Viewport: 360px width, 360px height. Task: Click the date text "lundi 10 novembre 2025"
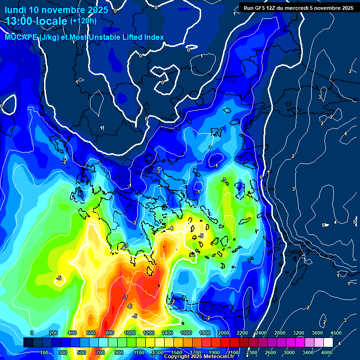tap(56, 10)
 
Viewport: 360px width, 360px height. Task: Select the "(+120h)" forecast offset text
tap(83, 21)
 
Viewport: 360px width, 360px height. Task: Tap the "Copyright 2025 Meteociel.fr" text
tap(202, 357)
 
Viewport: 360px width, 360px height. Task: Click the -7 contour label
tap(125, 298)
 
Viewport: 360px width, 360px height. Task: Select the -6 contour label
tap(130, 306)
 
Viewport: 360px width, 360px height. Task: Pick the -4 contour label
tap(171, 228)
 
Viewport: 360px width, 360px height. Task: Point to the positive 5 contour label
tap(323, 225)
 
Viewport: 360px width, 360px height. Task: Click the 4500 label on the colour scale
tap(336, 333)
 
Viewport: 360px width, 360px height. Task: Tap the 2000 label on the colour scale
tap(224, 333)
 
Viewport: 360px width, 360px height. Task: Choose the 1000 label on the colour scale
tap(130, 333)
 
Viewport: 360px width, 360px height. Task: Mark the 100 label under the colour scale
tap(45, 352)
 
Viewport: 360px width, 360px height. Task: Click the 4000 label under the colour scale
tap(327, 352)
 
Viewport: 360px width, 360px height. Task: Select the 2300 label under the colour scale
tap(252, 352)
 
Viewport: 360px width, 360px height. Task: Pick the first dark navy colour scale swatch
tap(28, 343)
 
